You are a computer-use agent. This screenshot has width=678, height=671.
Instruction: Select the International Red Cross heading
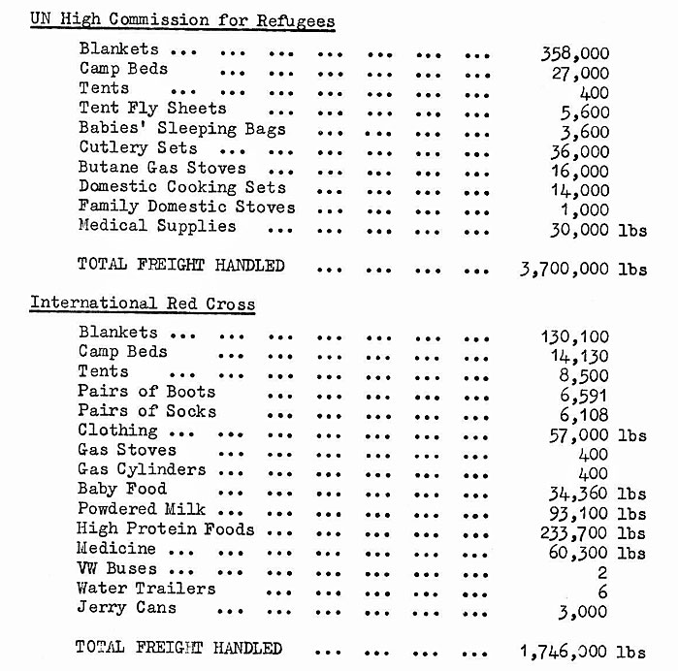coord(143,304)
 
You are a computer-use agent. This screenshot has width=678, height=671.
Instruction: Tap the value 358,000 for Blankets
coord(574,54)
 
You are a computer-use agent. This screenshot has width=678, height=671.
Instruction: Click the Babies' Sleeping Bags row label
coord(183,128)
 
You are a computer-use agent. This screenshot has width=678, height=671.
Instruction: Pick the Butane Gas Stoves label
coord(163,168)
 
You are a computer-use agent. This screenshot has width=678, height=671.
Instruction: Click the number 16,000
coord(580,171)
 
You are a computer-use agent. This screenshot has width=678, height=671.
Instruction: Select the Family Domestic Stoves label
coord(187,207)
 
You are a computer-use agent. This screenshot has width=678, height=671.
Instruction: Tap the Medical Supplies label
coord(157,226)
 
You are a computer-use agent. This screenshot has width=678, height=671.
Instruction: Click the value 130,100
coord(574,337)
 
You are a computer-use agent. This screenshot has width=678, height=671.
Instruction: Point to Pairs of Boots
coord(147,392)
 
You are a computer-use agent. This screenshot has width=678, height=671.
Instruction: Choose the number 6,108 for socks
coord(585,414)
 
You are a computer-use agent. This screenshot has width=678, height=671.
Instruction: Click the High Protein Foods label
coord(166,529)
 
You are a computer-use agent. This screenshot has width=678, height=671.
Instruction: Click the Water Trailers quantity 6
coord(602,591)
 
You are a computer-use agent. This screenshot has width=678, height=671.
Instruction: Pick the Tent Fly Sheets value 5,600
coord(585,112)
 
